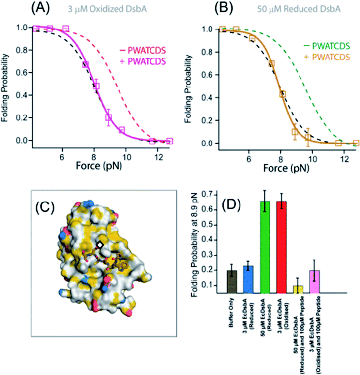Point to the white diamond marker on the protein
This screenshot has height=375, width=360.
100,244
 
